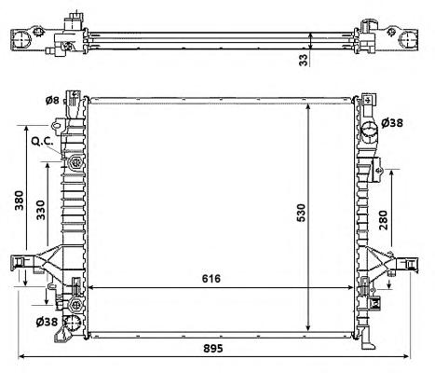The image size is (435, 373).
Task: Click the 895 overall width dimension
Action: coord(213,349)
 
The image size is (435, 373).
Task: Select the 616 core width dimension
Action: coord(211,279)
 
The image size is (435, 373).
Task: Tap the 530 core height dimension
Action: coord(301,213)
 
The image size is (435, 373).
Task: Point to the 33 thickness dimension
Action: coord(304,60)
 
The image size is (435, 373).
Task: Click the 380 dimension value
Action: coord(19,200)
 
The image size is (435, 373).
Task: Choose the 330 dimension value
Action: coord(41,210)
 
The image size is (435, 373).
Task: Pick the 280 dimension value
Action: coord(384,220)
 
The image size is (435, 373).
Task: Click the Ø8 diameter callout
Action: coord(52,101)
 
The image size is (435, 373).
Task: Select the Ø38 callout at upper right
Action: coord(392,123)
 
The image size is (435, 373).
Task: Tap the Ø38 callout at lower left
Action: coord(47,322)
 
